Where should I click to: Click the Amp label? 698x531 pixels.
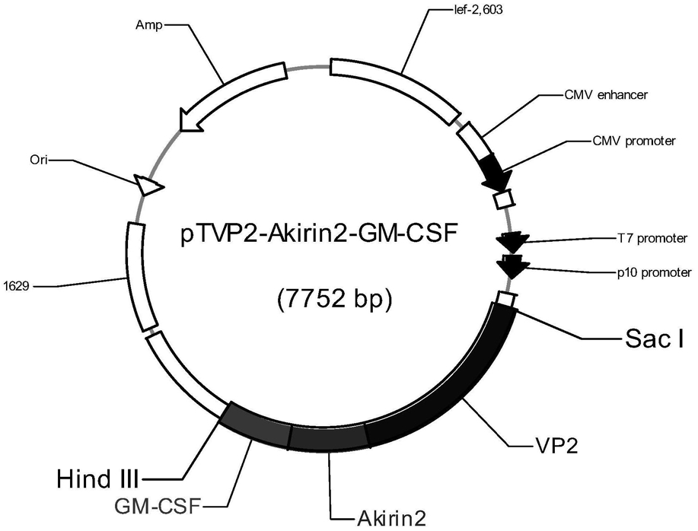coord(149,25)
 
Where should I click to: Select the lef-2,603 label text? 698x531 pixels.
coord(476,9)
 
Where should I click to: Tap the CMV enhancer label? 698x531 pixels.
coord(606,95)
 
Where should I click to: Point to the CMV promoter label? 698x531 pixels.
coord(634,141)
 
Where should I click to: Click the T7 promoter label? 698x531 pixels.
coord(652,238)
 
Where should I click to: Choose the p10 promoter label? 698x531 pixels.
coord(654,272)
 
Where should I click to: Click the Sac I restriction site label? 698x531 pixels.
coord(655,339)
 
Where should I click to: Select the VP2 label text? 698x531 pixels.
coord(555,445)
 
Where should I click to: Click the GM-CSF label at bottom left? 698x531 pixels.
coord(156,506)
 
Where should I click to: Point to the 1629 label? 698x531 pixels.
coord(16,285)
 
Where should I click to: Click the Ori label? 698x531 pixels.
coord(39,160)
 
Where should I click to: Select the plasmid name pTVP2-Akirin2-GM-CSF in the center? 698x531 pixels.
coord(319,234)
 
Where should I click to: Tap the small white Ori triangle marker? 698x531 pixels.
coord(148,185)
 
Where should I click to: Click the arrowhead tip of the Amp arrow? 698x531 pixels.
coord(180,130)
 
